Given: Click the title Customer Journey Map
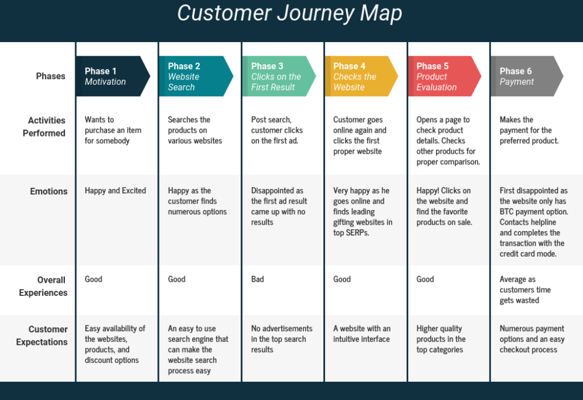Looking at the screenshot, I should click(x=290, y=14).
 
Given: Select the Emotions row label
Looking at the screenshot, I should click(x=49, y=192).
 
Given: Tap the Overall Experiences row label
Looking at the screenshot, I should click(x=43, y=286).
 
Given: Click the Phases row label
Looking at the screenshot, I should click(x=51, y=76).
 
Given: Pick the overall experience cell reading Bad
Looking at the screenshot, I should click(x=257, y=279).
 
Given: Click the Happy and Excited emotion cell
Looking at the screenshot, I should click(x=116, y=191).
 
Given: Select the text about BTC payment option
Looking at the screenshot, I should click(x=533, y=222).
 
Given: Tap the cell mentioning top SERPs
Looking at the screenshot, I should click(x=362, y=212).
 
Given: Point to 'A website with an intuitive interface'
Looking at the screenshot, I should click(x=362, y=334).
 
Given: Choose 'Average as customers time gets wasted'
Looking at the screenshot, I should click(x=525, y=290).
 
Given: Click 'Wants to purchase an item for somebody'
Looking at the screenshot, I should click(x=113, y=130).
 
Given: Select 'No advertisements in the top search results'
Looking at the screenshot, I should click(x=281, y=339).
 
